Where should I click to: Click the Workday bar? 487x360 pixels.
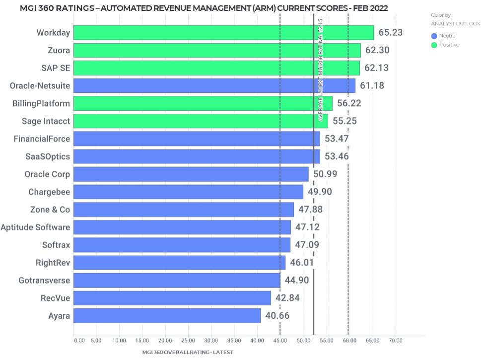pyautogui.click(x=223, y=33)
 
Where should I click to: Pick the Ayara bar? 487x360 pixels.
pyautogui.click(x=167, y=316)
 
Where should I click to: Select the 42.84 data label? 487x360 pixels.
pyautogui.click(x=287, y=298)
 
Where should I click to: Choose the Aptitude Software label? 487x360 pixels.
pyautogui.click(x=35, y=227)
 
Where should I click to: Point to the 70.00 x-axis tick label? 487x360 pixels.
pyautogui.click(x=396, y=341)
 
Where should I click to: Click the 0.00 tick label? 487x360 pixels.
pyautogui.click(x=79, y=341)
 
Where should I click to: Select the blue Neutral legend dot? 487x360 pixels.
pyautogui.click(x=434, y=36)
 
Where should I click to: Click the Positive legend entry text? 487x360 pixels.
pyautogui.click(x=449, y=45)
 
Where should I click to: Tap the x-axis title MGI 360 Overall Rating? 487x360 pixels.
pyautogui.click(x=188, y=352)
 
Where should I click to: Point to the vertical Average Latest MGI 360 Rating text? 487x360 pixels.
pyautogui.click(x=321, y=70)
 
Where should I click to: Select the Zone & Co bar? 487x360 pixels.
pyautogui.click(x=184, y=210)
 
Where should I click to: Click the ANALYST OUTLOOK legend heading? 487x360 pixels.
pyautogui.click(x=456, y=23)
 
